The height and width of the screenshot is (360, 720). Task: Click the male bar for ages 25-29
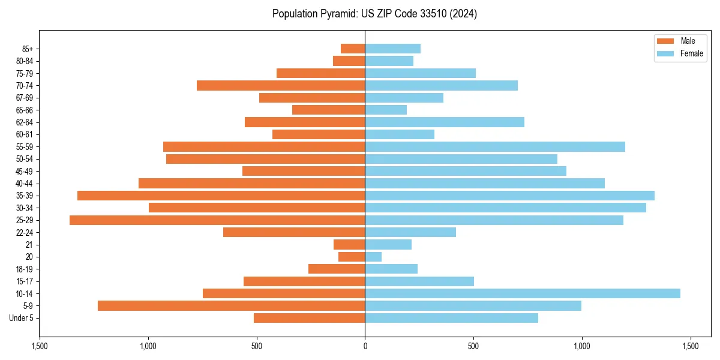[217, 220]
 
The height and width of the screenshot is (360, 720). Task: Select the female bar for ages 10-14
[523, 293]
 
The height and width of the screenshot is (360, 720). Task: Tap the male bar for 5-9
[231, 306]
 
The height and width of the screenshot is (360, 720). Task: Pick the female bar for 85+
[392, 49]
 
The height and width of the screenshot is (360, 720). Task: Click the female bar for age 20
[373, 257]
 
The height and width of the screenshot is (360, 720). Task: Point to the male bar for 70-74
[281, 86]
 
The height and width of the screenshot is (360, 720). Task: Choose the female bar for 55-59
[495, 147]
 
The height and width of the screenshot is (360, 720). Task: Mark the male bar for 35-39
[221, 196]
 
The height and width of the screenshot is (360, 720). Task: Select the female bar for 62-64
[445, 122]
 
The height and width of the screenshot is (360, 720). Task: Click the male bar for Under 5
[309, 318]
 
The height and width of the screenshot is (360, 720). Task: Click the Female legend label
[691, 53]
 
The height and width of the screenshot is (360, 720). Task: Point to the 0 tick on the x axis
[365, 346]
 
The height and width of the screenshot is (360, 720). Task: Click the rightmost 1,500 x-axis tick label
[690, 346]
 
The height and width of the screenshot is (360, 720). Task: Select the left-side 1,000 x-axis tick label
[148, 346]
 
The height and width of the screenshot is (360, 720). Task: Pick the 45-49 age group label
[25, 171]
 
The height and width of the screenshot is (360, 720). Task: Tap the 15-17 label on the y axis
[25, 281]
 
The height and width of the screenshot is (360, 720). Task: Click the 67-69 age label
[25, 98]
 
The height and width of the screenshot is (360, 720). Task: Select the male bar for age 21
[349, 245]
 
